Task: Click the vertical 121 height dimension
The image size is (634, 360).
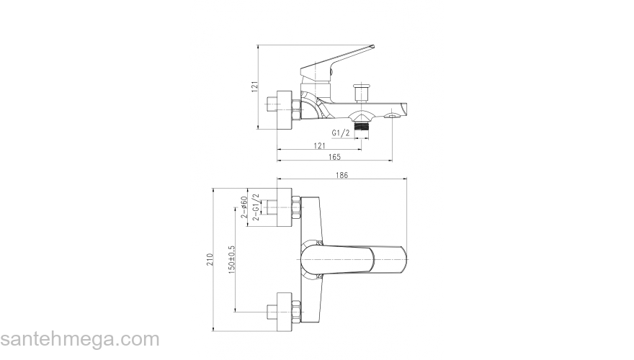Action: point(255,86)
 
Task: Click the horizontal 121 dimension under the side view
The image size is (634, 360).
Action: point(319,146)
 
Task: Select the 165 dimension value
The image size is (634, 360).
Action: point(334,157)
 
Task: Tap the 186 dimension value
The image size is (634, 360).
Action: point(341,175)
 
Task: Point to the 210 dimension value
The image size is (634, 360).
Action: point(210,259)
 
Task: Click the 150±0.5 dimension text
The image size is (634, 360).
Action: point(232,259)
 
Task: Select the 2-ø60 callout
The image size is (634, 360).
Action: point(244,207)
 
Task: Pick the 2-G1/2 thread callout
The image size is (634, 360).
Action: point(256,207)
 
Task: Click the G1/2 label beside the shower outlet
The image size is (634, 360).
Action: point(341,133)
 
